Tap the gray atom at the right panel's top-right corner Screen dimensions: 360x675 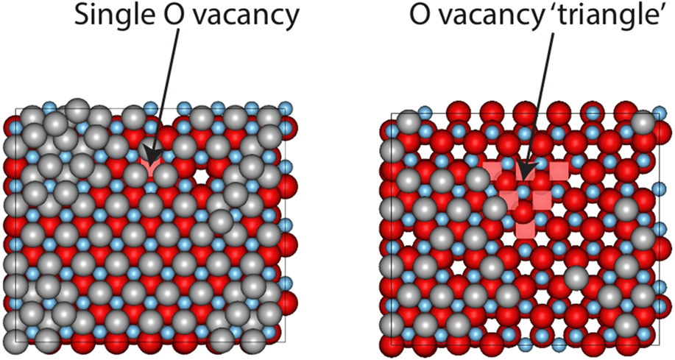[x=643, y=124]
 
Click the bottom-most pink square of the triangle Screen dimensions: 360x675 [x=525, y=229]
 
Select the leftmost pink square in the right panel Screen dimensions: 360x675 [x=491, y=172]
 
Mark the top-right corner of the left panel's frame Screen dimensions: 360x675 [x=285, y=109]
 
